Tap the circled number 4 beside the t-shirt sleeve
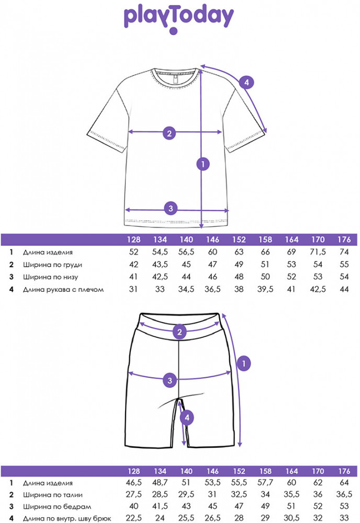tap(246, 82)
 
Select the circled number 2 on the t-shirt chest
tap(168, 133)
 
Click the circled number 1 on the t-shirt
tap(203, 164)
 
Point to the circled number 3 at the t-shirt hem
tap(168, 209)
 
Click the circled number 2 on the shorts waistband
tap(179, 332)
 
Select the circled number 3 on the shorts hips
tap(168, 380)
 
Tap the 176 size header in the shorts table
tap(344, 471)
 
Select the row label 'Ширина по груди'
tap(52, 265)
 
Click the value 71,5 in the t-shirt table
tap(317, 252)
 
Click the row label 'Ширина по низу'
tap(50, 277)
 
